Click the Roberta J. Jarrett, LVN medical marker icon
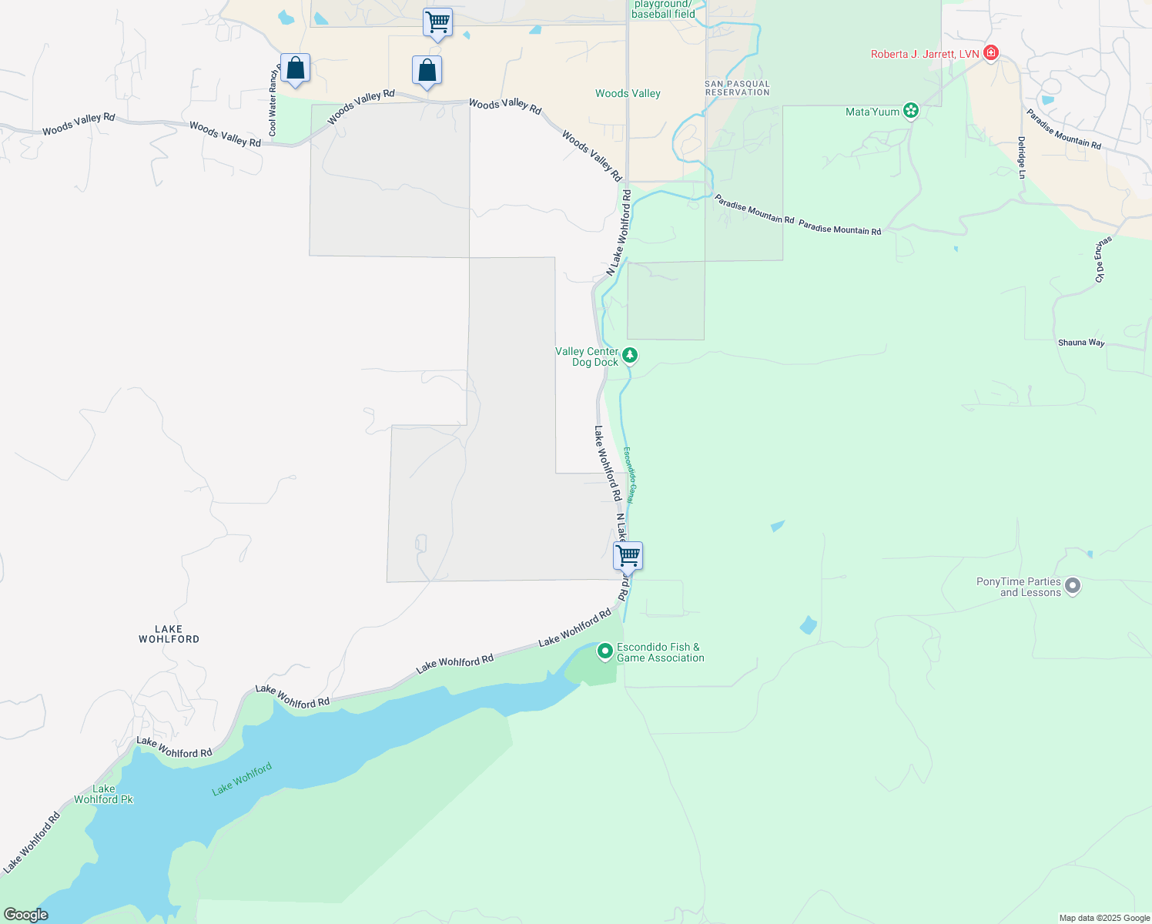[991, 53]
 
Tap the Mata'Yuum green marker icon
[911, 111]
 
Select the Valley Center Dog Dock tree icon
[630, 355]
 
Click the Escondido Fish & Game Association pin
[605, 651]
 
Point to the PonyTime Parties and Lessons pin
[1073, 587]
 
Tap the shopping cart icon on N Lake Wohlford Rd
[628, 554]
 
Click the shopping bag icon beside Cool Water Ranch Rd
[295, 69]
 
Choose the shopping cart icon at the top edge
[437, 22]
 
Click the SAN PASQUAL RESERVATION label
[737, 88]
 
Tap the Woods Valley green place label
[628, 93]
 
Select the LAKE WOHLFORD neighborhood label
[169, 634]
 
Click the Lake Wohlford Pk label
[103, 794]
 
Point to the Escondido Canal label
[628, 475]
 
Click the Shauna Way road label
[1081, 343]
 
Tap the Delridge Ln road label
[1021, 158]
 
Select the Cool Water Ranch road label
[273, 101]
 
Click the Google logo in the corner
[25, 915]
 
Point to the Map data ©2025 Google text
[1104, 918]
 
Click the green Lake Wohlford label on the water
[242, 779]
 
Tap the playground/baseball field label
[663, 9]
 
